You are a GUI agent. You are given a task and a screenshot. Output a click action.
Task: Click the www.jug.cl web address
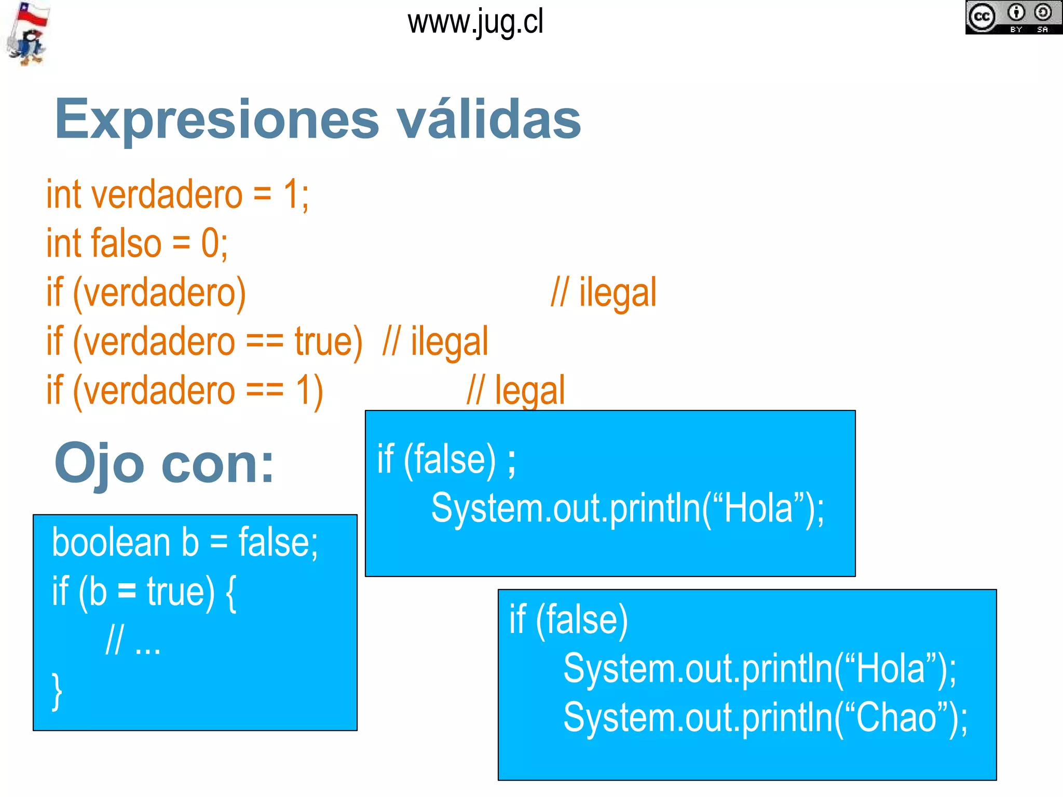point(475,23)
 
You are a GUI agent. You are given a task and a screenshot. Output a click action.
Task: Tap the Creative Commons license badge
point(1013,17)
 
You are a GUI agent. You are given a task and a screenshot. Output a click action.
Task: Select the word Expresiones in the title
point(217,120)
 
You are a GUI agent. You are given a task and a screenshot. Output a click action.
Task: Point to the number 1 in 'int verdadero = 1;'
point(291,195)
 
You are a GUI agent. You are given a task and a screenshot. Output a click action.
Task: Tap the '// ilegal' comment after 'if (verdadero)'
point(603,293)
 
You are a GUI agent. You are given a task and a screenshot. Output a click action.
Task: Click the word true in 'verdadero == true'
point(328,341)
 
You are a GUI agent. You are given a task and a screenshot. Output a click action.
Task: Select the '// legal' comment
point(515,390)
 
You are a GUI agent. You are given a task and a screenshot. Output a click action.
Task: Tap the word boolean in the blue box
point(111,543)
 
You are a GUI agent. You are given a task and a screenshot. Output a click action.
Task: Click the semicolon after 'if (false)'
point(511,461)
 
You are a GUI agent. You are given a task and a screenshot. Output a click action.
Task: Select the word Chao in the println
point(896,717)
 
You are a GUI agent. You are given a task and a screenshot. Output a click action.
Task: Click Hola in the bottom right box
point(891,668)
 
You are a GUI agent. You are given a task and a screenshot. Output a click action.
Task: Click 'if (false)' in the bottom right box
point(568,619)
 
